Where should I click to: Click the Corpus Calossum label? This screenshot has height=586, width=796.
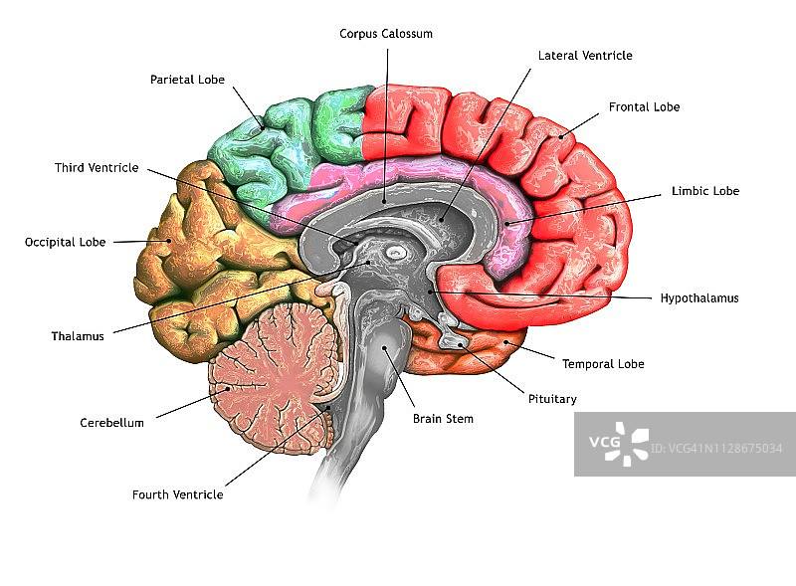coord(385,34)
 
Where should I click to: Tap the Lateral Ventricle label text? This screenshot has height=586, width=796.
coord(585,56)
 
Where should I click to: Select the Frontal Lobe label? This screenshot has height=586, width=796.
coord(645,106)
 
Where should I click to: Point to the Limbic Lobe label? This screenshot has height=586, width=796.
coord(704,191)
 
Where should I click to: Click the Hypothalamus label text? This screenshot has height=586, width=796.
coord(699,297)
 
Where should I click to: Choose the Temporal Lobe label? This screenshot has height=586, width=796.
coord(603,364)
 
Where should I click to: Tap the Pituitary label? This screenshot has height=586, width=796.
coord(551,399)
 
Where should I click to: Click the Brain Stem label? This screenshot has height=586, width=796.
coord(443,419)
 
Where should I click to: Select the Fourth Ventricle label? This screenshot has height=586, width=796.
coord(177,494)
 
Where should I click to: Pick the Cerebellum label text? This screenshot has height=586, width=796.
coord(111,423)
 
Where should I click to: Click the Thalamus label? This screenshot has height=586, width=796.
coord(78,336)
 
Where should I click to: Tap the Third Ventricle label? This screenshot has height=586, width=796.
coord(97,168)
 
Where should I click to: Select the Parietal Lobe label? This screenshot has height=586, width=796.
coord(187,80)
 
